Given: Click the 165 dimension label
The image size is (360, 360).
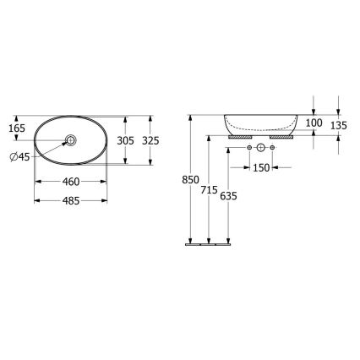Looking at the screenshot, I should [17, 128].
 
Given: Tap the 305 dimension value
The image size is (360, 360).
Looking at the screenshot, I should [126, 139].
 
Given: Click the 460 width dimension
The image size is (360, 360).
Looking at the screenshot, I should [71, 183].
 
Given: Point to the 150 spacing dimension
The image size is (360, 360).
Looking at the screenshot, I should [260, 168].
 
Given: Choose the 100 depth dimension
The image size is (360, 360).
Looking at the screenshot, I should [314, 123].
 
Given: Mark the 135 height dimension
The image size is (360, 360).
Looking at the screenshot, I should [338, 126].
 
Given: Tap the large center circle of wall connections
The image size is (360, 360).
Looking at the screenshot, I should [262, 149].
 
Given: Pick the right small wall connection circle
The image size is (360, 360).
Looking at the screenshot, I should [274, 149].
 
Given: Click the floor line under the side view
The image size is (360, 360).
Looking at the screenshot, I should [208, 244].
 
